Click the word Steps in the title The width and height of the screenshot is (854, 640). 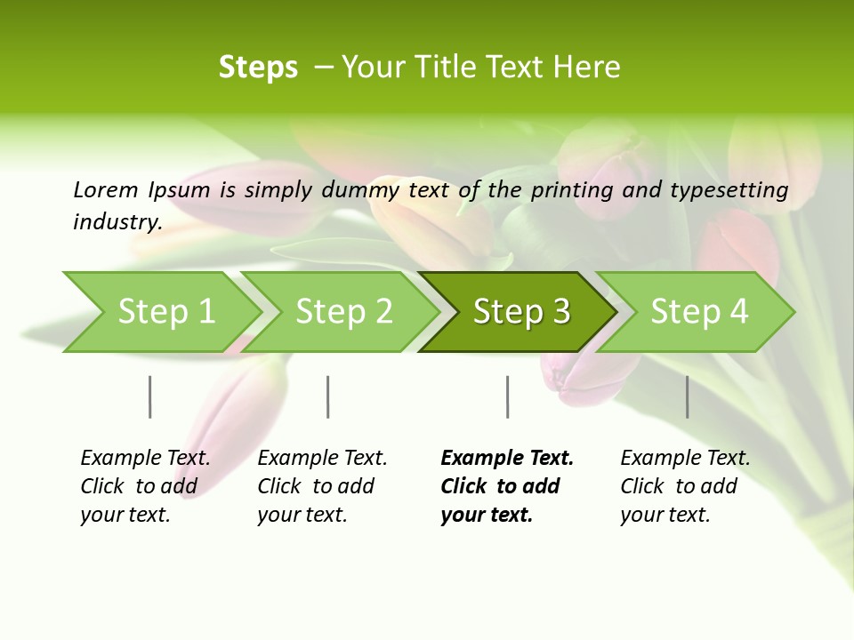point(258,68)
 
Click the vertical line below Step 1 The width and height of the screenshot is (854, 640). point(150,396)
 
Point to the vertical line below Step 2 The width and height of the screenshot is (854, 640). point(328,396)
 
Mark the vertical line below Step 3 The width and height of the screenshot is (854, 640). point(508,396)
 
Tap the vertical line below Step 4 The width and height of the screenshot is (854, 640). point(687,396)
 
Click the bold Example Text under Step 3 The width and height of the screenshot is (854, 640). point(507,486)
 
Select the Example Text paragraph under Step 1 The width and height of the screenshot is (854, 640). point(145,486)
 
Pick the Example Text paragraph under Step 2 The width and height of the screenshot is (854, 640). point(322,486)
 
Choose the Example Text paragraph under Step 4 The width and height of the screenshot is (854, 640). point(685,486)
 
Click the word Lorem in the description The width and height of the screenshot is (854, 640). point(106,189)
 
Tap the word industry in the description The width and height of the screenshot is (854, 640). point(117,222)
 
